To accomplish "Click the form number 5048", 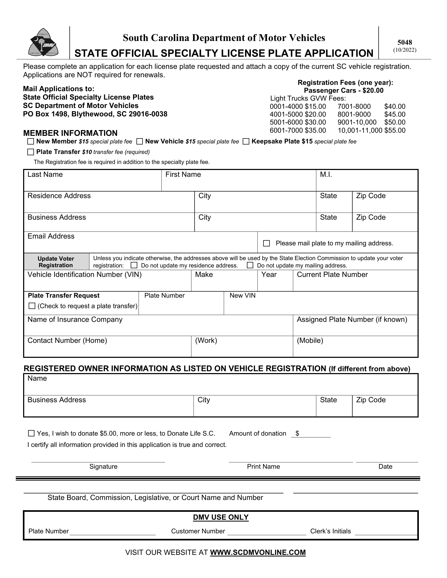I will (x=405, y=42).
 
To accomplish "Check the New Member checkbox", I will (x=31, y=141).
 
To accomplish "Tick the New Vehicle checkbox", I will (x=140, y=141).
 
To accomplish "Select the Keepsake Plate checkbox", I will (x=246, y=141).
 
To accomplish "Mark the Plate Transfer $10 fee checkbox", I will (x=31, y=152).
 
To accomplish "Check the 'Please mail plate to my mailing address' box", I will (x=266, y=243).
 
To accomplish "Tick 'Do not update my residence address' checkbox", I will (x=134, y=265).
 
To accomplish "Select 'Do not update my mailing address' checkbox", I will (x=250, y=265).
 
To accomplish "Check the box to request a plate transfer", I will (x=32, y=306).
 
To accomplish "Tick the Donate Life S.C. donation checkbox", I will (x=31, y=434).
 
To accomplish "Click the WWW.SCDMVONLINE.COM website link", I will (x=258, y=553).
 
